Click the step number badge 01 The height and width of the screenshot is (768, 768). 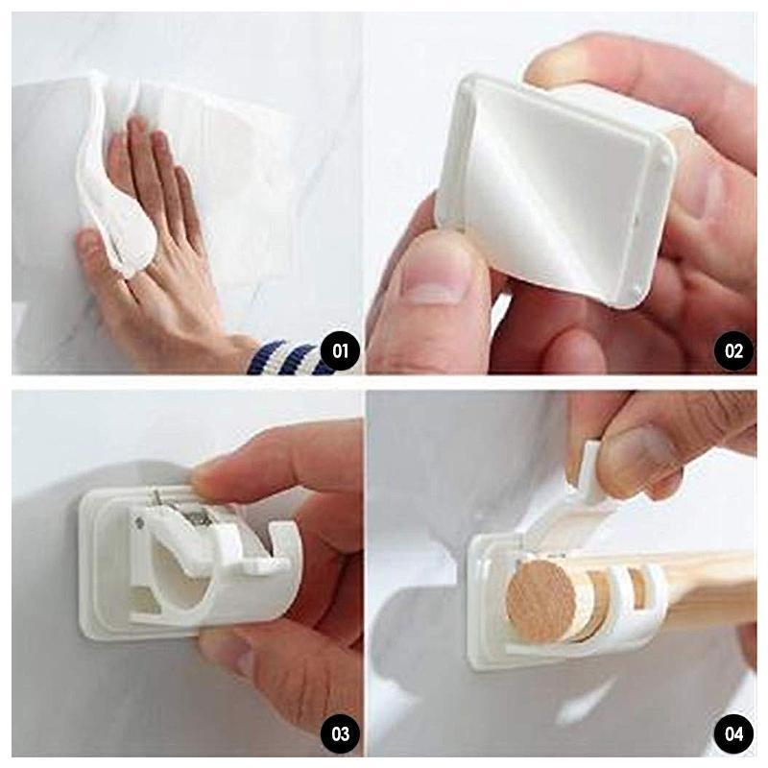tap(340, 351)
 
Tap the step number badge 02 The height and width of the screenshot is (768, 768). tap(733, 351)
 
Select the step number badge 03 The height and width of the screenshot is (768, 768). tap(340, 734)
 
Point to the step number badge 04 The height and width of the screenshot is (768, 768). tap(733, 734)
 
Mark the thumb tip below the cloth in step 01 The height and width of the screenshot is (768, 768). tap(90, 245)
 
